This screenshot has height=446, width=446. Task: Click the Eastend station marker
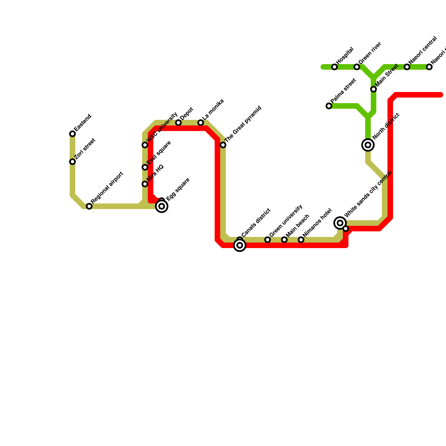(72, 134)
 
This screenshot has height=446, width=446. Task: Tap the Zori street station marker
(72, 162)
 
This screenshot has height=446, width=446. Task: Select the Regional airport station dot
(89, 206)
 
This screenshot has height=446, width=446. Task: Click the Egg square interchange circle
(162, 206)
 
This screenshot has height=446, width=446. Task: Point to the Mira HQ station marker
(145, 184)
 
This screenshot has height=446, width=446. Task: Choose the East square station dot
(145, 167)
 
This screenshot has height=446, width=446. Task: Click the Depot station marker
(178, 123)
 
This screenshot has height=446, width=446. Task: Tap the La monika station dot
(201, 123)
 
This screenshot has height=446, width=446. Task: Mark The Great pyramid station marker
(223, 145)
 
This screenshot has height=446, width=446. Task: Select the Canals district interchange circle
(240, 245)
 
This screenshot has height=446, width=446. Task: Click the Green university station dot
(268, 240)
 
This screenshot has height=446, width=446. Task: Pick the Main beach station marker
(284, 240)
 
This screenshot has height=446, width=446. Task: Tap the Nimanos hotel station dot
(301, 240)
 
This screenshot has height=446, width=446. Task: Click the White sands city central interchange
(340, 223)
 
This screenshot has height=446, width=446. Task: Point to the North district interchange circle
(368, 145)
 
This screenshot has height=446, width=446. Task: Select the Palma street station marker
(329, 106)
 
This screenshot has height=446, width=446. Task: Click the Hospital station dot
(334, 67)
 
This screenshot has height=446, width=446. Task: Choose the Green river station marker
(357, 67)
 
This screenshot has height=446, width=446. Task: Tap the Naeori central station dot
(407, 67)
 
